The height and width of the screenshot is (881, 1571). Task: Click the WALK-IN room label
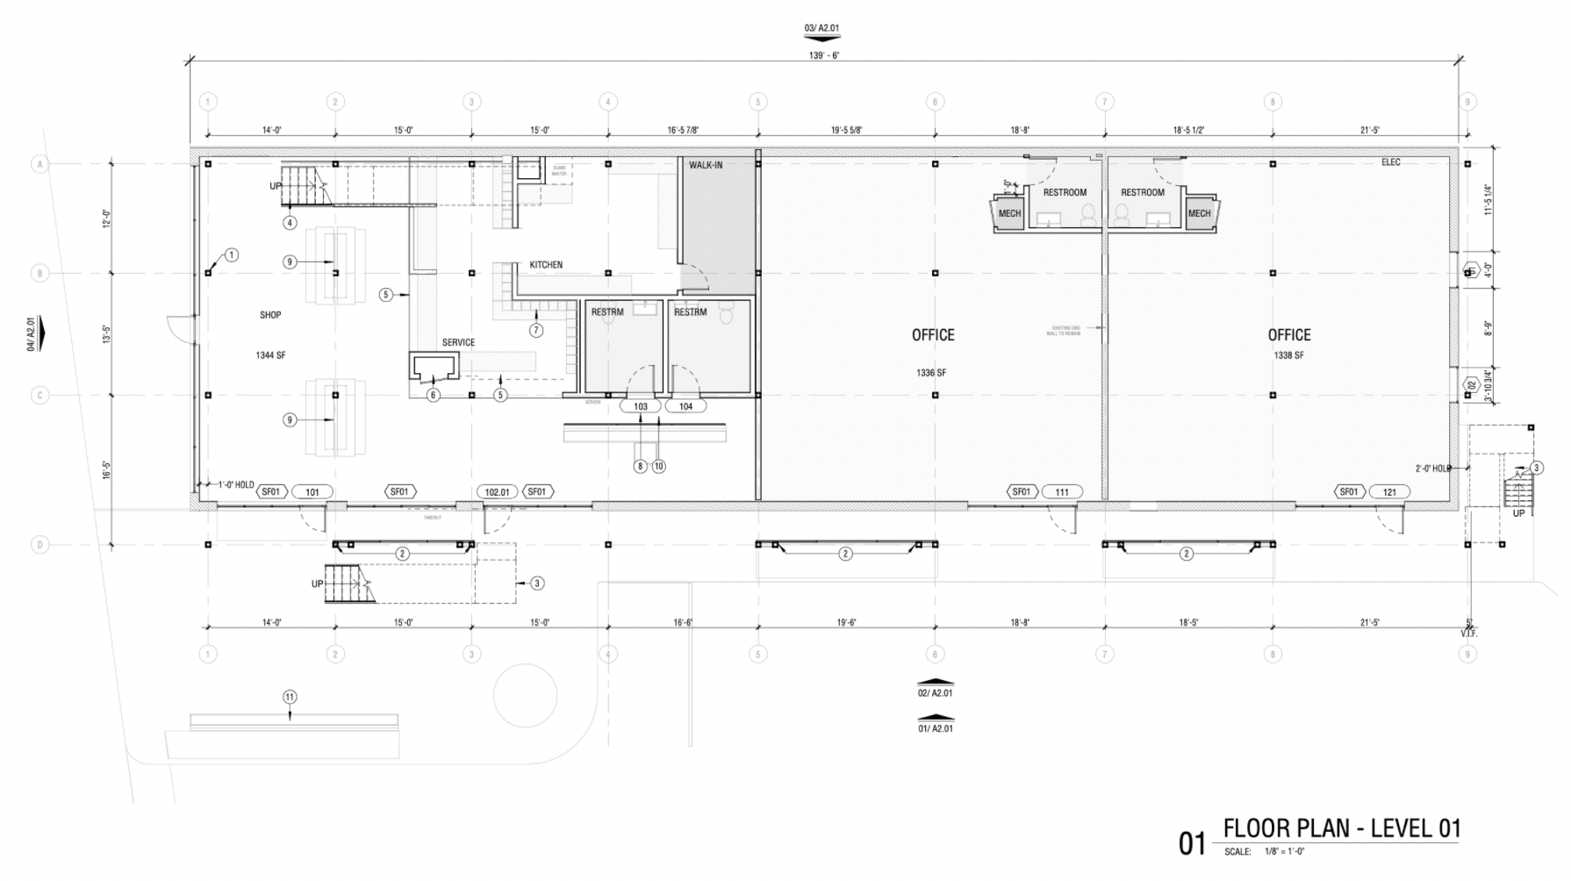click(706, 165)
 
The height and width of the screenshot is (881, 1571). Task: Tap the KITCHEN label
click(546, 265)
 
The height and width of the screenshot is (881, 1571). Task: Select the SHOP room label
click(270, 315)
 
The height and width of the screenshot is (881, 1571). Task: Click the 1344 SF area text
click(270, 355)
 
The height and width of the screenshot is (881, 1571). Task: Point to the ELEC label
click(1391, 162)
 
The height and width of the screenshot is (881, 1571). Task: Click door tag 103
click(641, 407)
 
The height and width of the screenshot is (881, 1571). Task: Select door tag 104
click(685, 407)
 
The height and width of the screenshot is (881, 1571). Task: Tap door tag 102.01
click(497, 492)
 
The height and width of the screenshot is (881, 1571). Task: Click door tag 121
click(1389, 492)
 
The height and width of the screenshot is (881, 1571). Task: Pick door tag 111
click(1062, 492)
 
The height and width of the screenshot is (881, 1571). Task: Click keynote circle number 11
click(290, 698)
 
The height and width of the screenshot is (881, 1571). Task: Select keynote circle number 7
click(536, 331)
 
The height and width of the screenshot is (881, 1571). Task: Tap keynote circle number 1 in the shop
click(232, 255)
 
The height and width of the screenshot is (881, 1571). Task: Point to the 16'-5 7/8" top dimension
click(683, 130)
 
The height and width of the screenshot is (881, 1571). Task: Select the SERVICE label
click(458, 343)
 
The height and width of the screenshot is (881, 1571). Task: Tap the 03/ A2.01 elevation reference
click(821, 28)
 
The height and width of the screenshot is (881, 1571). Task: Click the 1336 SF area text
click(931, 373)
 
